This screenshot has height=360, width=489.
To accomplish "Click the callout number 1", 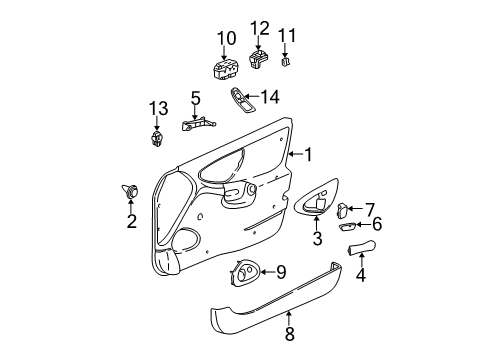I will click(x=309, y=155).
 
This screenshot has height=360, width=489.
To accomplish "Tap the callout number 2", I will click(x=131, y=222).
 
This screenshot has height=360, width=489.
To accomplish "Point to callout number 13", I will click(x=156, y=108).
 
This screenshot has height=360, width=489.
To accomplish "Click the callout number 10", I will click(x=226, y=39).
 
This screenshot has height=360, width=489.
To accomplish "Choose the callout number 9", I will click(x=280, y=270).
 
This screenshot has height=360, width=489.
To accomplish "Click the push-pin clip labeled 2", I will click(x=131, y=188).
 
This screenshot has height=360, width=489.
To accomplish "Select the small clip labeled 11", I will click(x=287, y=63).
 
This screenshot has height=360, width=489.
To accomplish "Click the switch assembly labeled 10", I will click(x=225, y=70).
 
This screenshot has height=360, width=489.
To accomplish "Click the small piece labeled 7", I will click(x=343, y=210).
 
